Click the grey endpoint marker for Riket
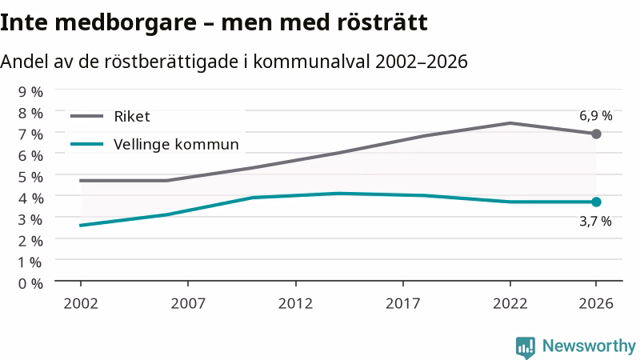pos(596,134)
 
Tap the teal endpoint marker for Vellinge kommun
pos(596,202)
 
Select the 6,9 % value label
pos(595,116)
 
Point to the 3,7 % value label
pos(595,222)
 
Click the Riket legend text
pos(132,117)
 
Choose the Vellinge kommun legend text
pos(176,145)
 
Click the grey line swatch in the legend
pos(87,116)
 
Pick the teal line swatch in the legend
pos(87,144)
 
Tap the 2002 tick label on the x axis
pos(81,304)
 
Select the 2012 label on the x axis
pos(295,304)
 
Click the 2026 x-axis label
pos(596,304)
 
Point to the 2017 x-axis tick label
pos(403,304)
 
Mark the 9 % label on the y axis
pos(30,92)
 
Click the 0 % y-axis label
pos(30,283)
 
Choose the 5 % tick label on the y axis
pos(30,177)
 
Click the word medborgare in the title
pos(126,23)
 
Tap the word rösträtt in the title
pos(382,22)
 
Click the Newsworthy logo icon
pos(526,347)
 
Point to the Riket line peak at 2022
pos(510,123)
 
